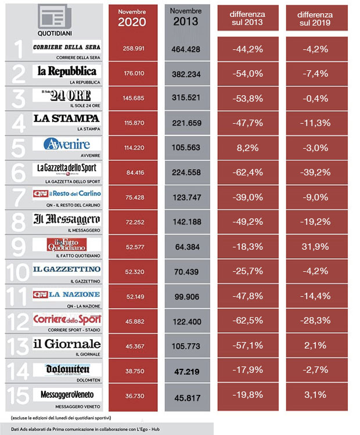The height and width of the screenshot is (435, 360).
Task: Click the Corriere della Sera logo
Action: pyautogui.click(x=67, y=47)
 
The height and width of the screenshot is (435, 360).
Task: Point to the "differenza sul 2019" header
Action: pyautogui.click(x=315, y=18)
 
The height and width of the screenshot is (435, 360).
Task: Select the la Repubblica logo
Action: pyautogui.click(x=67, y=72)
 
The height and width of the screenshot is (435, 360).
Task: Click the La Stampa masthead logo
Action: pyautogui.click(x=67, y=118)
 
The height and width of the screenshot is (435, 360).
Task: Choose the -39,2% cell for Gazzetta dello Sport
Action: pyautogui.click(x=316, y=172)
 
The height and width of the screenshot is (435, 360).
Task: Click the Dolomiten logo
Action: pyautogui.click(x=67, y=369)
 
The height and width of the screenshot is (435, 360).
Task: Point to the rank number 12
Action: pyautogui.click(x=17, y=321)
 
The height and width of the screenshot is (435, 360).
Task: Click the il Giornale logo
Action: pyautogui.click(x=67, y=344)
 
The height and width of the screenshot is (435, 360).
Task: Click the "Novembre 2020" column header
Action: pyautogui.click(x=132, y=18)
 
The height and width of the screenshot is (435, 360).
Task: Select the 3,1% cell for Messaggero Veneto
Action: pyautogui.click(x=316, y=396)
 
